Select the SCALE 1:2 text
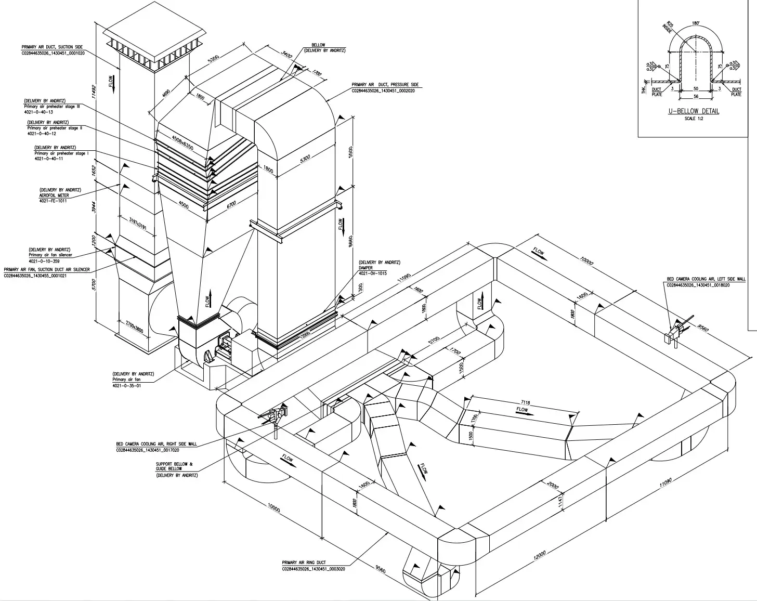click(694, 119)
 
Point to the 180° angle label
click(696, 23)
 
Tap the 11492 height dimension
click(94, 92)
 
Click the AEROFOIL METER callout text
click(54, 195)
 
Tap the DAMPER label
click(366, 268)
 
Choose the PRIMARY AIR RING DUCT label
click(304, 563)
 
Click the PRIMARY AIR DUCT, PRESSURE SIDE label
click(385, 85)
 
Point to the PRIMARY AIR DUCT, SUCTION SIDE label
click(52, 47)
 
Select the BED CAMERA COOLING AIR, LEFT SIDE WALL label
click(706, 279)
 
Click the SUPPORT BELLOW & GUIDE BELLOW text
click(174, 466)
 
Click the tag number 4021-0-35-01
click(126, 386)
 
